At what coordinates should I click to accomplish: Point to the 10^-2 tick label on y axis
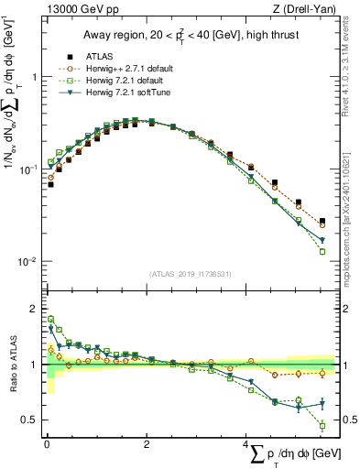pos(26,261)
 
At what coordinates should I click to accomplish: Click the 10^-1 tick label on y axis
pos(26,169)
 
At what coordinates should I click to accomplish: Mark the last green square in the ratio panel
pos(322,425)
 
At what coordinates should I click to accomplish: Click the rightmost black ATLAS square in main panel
pos(322,221)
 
